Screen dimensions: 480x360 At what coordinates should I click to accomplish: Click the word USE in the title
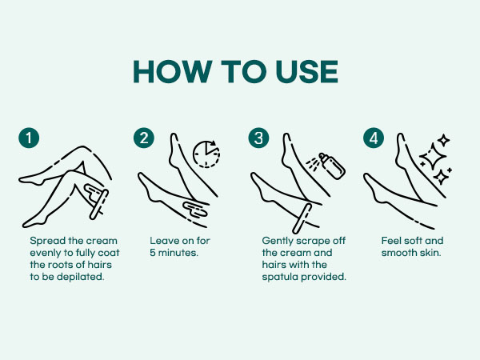306,72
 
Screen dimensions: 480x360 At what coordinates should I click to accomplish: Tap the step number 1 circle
29,138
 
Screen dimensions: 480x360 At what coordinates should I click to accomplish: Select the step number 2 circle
144,138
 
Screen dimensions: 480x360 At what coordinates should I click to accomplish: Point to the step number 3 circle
258,138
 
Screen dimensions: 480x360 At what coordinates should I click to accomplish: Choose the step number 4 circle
374,138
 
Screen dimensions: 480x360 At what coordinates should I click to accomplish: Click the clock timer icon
206,154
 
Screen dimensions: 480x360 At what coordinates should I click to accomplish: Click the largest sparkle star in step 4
432,157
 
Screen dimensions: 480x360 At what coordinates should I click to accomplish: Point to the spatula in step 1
99,205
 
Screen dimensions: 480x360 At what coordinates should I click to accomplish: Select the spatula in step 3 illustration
302,218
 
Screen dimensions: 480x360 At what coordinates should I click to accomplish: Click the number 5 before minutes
153,253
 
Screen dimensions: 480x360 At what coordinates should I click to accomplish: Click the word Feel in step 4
390,241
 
